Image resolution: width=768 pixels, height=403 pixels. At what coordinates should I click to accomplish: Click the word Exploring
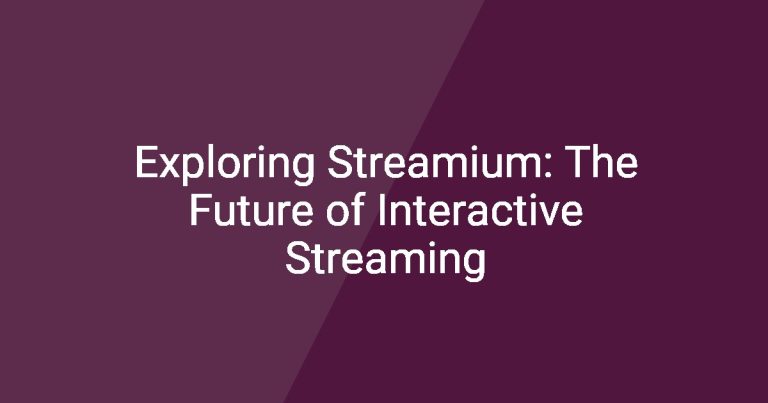pos(225,165)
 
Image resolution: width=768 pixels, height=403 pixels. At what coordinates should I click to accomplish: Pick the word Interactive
pos(480,210)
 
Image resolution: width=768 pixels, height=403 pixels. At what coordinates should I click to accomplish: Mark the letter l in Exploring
pos(212,162)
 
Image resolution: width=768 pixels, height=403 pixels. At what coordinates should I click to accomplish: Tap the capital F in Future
pos(199,210)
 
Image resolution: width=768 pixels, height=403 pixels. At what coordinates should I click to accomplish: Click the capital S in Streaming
pos(297,258)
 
